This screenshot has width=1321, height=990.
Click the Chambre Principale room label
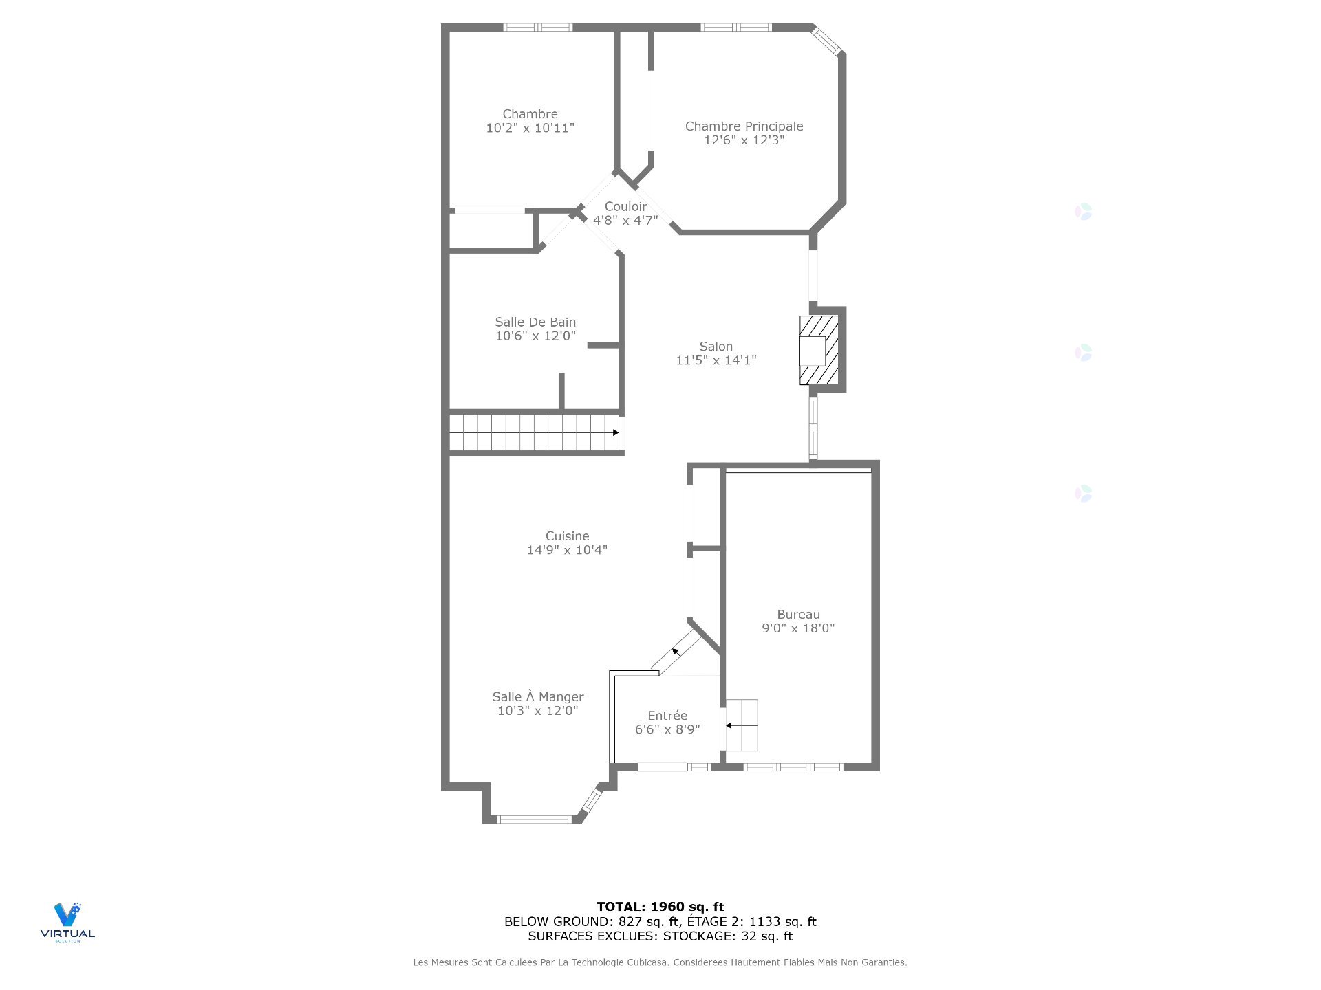(744, 126)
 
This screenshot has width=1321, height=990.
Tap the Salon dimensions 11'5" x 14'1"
(716, 360)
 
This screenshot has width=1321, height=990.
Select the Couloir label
(625, 207)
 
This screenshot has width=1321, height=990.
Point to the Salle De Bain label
(535, 322)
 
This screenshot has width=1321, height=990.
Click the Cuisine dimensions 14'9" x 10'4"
(567, 550)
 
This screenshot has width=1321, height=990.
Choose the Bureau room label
(798, 615)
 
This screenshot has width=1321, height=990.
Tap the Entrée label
(667, 716)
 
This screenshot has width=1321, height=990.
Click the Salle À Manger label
(538, 697)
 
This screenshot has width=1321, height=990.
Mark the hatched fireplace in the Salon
(819, 350)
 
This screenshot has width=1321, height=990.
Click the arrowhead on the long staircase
(616, 432)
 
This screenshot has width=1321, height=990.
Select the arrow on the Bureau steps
(739, 725)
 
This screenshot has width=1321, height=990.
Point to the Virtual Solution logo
(67, 922)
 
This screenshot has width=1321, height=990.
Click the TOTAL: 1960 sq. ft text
(660, 907)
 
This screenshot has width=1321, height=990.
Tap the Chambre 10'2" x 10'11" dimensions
(530, 128)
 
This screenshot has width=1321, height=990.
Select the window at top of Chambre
(538, 27)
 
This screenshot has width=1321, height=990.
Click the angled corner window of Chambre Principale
(827, 40)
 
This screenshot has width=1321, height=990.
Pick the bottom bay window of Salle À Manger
(534, 819)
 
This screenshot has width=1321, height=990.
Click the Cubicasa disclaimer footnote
(660, 962)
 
